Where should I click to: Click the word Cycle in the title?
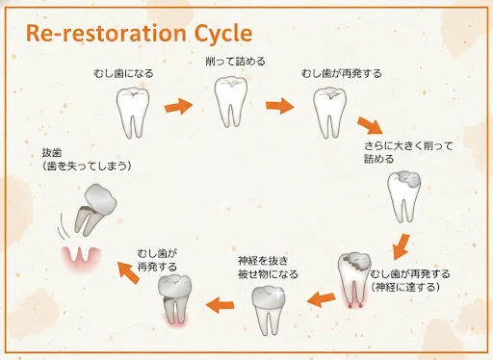223,34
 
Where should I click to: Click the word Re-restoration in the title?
106,33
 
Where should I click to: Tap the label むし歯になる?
123,73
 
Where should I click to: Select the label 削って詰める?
235,61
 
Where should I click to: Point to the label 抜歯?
52,152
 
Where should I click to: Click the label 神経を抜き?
263,261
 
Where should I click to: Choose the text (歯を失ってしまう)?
87,166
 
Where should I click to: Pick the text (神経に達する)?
405,287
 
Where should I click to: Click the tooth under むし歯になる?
133,112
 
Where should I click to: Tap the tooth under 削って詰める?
231,101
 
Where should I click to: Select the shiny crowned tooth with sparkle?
269,310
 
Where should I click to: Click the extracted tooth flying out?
95,210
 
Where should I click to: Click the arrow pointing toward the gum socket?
128,272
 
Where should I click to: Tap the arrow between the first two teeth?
178,106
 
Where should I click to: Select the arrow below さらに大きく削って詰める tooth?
402,246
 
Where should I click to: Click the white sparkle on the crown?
279,293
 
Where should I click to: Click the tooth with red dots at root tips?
354,280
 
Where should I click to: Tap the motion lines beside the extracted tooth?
64,226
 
